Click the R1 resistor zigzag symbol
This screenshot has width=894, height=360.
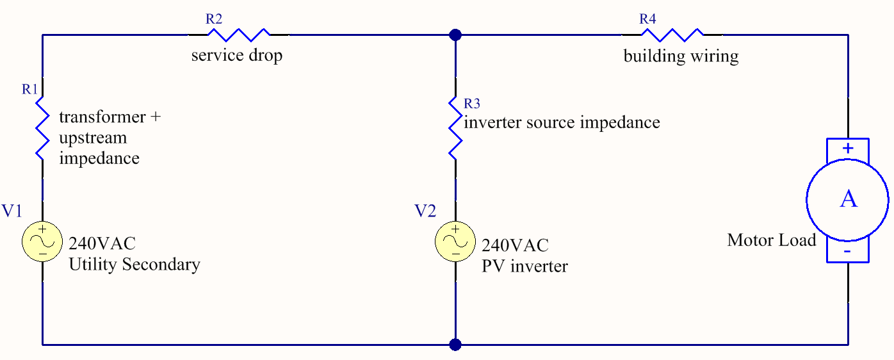42,128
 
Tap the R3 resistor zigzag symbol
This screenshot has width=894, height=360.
455,128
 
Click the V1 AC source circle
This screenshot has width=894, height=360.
42,241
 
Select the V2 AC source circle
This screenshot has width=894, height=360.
455,241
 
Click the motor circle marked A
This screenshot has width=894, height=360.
848,199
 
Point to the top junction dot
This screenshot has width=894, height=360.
455,35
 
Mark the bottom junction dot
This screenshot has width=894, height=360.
455,345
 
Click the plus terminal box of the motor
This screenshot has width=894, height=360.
848,149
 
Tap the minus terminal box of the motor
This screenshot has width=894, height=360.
848,251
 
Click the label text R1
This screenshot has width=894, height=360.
30,89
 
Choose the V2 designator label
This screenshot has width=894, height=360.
425,211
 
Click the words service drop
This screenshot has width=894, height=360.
237,56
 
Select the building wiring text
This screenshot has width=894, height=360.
681,56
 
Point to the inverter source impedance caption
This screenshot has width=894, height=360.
562,122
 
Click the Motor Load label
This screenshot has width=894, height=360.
772,240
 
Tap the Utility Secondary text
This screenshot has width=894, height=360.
134,264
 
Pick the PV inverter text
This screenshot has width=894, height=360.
524,266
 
